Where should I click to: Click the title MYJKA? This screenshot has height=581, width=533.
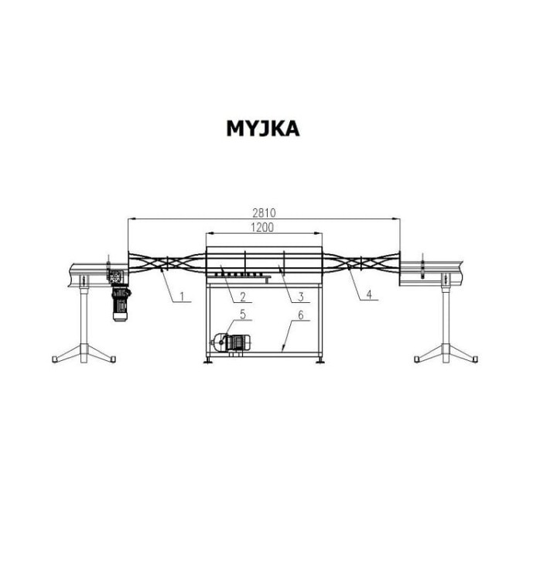[263, 129]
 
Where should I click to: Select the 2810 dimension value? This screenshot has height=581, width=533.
[265, 213]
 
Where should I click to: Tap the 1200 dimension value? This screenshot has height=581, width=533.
[262, 227]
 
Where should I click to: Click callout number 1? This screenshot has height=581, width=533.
[182, 296]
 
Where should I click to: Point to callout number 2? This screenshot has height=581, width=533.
[243, 297]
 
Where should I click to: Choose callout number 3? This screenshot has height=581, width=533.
[301, 297]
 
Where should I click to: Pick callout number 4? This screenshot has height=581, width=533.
[369, 294]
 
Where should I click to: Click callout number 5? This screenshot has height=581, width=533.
[243, 315]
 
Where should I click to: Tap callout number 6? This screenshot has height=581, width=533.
[301, 315]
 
